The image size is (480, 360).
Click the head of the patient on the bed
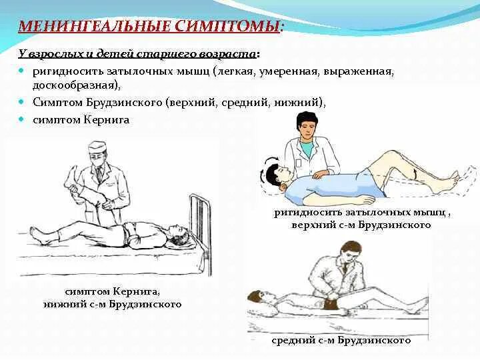176,235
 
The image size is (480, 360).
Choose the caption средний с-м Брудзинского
341,340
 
